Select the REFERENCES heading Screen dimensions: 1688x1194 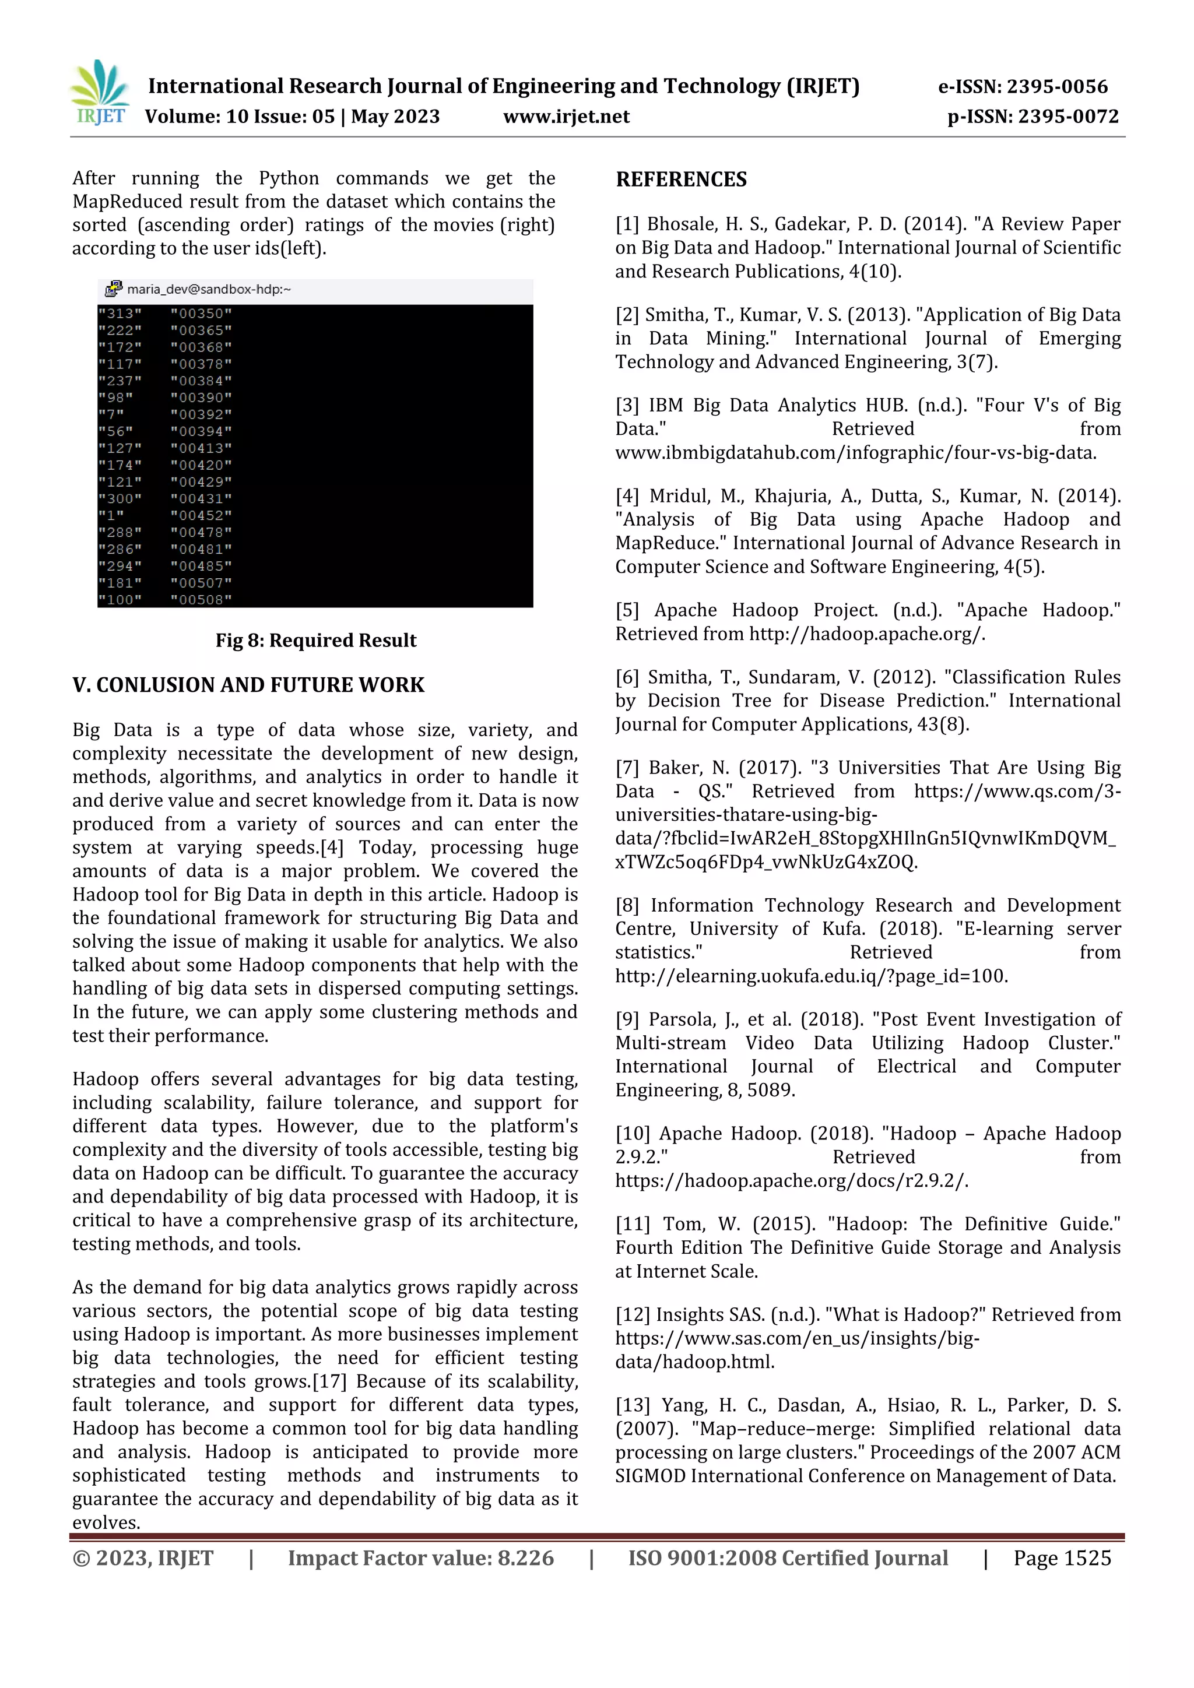click(x=681, y=180)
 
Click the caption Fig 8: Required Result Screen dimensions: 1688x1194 click(x=315, y=641)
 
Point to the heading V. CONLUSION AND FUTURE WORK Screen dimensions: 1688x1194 click(x=248, y=685)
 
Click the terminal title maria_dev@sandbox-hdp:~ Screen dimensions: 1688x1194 click(x=209, y=290)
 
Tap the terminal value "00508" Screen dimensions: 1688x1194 click(x=201, y=600)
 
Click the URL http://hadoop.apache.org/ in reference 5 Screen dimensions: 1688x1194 click(x=866, y=634)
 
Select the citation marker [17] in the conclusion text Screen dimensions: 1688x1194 click(x=329, y=1381)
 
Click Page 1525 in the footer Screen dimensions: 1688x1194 click(x=1062, y=1558)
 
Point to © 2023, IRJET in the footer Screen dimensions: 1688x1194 click(x=143, y=1558)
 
